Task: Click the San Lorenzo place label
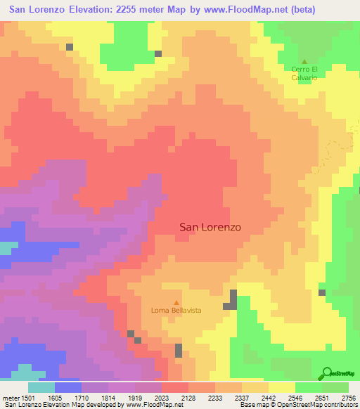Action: [210, 227]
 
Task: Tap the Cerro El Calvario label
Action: [304, 73]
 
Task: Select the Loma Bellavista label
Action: [176, 310]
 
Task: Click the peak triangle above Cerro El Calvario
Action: [304, 61]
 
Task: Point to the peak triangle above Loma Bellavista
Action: [176, 301]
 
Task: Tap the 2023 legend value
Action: [162, 397]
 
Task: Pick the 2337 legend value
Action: [243, 397]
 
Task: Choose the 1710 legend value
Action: [82, 397]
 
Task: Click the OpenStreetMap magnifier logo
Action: [327, 373]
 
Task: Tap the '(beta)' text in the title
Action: [295, 10]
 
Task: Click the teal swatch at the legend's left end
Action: [41, 387]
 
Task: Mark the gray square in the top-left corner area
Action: [70, 47]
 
